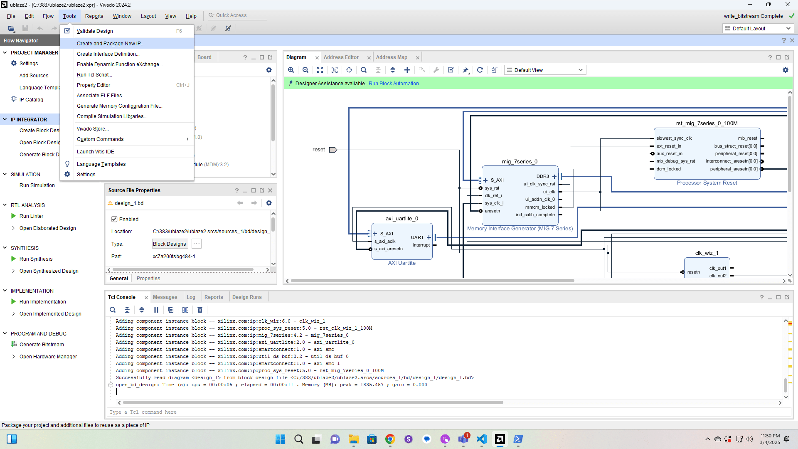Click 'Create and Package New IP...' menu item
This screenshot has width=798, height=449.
tap(111, 43)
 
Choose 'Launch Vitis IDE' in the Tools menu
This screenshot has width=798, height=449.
tap(95, 152)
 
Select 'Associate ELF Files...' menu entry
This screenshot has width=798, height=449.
tap(101, 96)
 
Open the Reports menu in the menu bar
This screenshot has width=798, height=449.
tap(94, 16)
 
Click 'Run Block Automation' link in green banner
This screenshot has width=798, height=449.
tap(393, 84)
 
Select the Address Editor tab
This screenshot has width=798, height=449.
tap(341, 57)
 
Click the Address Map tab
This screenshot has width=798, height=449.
tap(391, 57)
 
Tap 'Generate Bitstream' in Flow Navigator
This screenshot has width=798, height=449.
tap(42, 345)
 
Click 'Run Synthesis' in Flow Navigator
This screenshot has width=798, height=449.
tap(36, 259)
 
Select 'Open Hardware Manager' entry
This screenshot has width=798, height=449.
tap(48, 357)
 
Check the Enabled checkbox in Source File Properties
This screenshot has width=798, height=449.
tap(114, 220)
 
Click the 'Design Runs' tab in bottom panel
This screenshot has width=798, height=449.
tap(247, 297)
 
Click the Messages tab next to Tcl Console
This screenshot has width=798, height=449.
tap(165, 297)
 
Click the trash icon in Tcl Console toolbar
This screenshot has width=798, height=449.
tap(200, 310)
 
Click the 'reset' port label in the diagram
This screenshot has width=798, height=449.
tap(318, 150)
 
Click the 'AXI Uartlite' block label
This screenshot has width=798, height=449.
tap(401, 263)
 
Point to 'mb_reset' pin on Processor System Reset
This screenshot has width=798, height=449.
tap(747, 138)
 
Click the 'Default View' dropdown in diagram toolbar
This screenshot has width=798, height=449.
tap(544, 70)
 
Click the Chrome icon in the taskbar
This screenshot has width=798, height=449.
tap(390, 439)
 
